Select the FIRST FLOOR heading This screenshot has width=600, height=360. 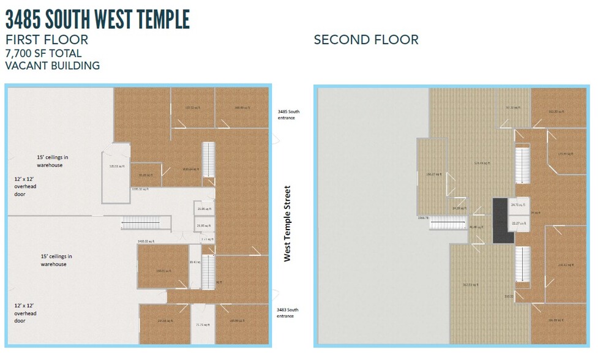click(x=47, y=40)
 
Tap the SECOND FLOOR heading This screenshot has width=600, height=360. click(x=366, y=40)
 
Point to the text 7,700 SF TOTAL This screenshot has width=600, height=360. click(x=43, y=53)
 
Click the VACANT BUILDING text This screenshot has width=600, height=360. click(x=52, y=66)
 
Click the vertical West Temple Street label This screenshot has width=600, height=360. click(x=287, y=223)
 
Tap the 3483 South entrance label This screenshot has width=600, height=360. click(x=288, y=313)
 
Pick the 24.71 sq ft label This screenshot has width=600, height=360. click(x=518, y=204)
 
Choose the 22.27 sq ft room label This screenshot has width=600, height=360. click(x=519, y=224)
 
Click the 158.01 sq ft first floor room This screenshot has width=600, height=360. click(x=162, y=267)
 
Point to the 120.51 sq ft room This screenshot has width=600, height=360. click(x=116, y=166)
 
